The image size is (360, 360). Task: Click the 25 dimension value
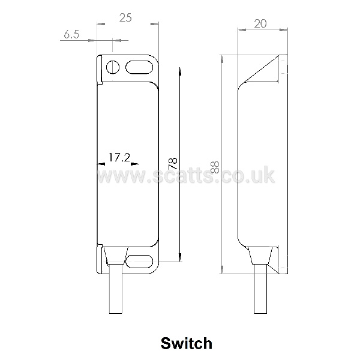125,17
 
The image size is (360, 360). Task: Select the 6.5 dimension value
71,34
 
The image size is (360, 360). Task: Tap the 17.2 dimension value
119,157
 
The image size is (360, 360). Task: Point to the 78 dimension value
173,163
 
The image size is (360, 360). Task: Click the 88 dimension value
215,167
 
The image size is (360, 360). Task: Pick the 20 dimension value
260,23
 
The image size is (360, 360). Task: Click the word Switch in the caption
187,343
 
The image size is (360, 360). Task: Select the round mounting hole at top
113,67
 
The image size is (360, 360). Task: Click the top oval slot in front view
139,67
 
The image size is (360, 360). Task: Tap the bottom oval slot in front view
139,261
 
